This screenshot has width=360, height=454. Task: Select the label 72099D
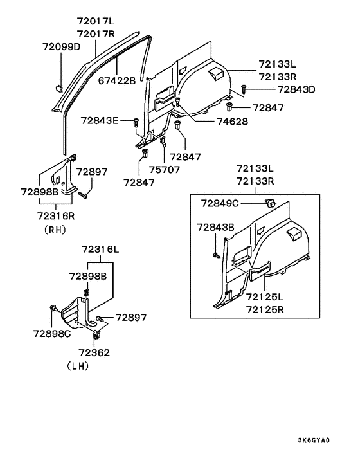62,47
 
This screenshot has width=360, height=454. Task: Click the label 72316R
57,217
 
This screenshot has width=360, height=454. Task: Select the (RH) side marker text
57,229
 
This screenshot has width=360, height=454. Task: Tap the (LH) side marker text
78,365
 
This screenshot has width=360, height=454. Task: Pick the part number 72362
94,352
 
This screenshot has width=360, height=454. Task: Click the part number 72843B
216,227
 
